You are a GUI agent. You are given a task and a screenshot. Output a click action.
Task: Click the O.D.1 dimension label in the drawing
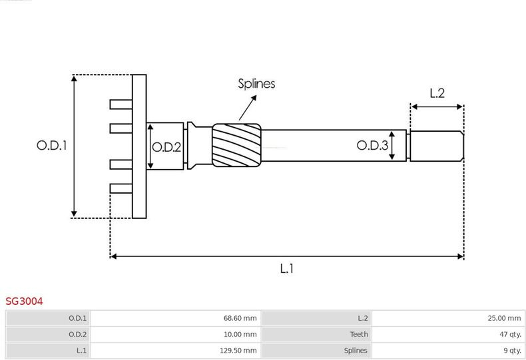click(x=52, y=145)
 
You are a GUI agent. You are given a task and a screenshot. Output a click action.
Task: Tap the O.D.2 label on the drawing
click(x=166, y=147)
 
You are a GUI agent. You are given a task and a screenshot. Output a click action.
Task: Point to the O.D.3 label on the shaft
click(x=372, y=145)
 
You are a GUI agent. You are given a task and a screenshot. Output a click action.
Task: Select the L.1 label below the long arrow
click(x=287, y=268)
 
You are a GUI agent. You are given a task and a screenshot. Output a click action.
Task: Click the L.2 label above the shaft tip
click(x=437, y=93)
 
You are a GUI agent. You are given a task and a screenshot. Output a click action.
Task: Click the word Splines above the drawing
click(x=256, y=83)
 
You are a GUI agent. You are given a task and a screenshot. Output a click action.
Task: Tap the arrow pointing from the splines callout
click(x=248, y=108)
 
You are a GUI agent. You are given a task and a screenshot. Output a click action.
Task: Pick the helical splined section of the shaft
click(x=236, y=145)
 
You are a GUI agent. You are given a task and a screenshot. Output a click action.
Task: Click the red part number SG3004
click(x=24, y=301)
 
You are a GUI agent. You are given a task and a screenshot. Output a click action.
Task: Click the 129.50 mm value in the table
click(x=238, y=350)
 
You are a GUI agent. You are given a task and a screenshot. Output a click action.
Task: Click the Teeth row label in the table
click(x=359, y=334)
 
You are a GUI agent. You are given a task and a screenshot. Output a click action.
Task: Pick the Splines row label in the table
click(x=356, y=350)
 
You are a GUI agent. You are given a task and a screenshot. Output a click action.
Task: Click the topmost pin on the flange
click(x=121, y=104)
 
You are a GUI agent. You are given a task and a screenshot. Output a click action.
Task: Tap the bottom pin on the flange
click(x=121, y=188)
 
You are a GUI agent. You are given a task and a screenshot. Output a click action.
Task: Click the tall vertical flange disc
click(x=139, y=146)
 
